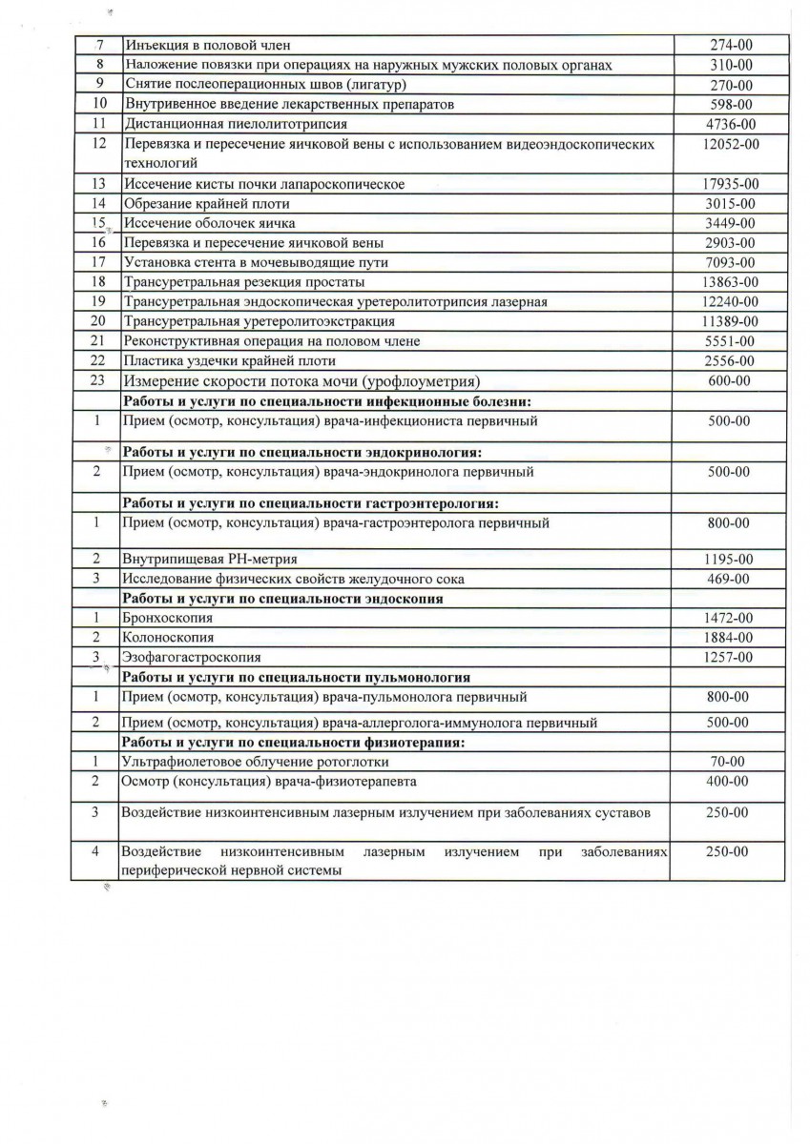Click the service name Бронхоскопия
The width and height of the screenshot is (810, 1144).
(x=168, y=618)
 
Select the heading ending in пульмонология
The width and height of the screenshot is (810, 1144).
(x=295, y=678)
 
